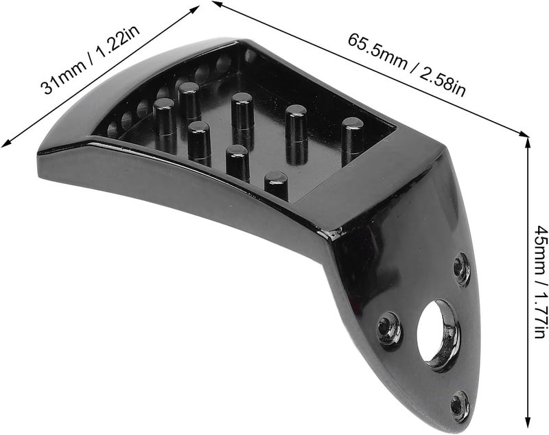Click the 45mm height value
(541, 249)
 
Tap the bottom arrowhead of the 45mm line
(528, 423)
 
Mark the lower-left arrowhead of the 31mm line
(6, 143)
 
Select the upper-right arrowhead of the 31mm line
(195, 9)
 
